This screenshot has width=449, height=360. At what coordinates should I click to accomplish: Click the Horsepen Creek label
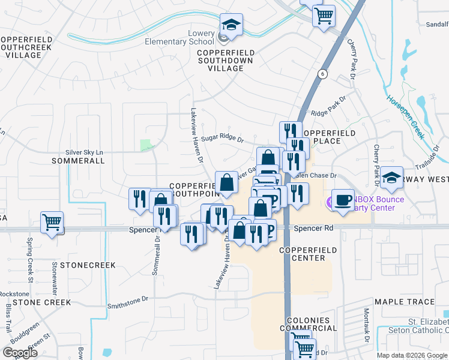[x=405, y=117]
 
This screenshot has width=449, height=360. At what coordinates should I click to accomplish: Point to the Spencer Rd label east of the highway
[x=313, y=229]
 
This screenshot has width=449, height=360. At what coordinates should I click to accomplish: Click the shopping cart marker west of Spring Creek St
[x=52, y=222]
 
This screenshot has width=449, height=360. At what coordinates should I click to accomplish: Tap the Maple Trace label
[x=404, y=302]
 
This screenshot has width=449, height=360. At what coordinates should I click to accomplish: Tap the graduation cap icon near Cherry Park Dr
[x=391, y=178]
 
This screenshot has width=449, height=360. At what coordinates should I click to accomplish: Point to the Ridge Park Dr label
[x=329, y=113]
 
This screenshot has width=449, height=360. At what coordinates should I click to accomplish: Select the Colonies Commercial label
[x=312, y=325]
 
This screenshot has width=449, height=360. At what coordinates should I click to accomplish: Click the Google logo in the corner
[x=20, y=353]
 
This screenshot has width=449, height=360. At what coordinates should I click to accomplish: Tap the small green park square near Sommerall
[x=145, y=145]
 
